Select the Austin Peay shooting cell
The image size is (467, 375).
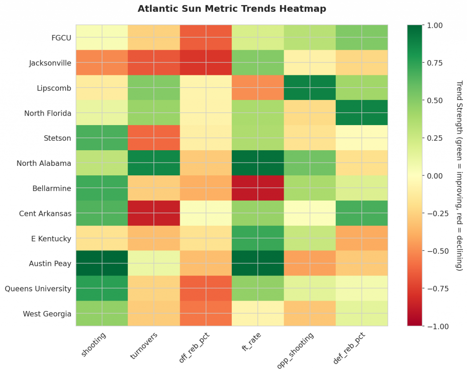coord(102,263)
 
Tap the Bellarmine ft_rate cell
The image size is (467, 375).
coord(258,188)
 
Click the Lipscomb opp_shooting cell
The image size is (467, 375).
coord(310,87)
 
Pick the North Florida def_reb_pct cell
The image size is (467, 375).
coord(362,112)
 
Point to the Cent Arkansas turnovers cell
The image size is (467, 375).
coord(154,213)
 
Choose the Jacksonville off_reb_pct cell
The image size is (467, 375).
coord(206,62)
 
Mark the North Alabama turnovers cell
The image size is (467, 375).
coord(154,163)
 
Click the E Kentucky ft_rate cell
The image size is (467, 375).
coord(258,238)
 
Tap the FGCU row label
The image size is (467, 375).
coord(62,37)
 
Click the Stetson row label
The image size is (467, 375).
coord(58,138)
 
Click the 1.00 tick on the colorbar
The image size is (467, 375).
coord(435,25)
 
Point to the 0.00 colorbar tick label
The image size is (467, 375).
coord(435,175)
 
